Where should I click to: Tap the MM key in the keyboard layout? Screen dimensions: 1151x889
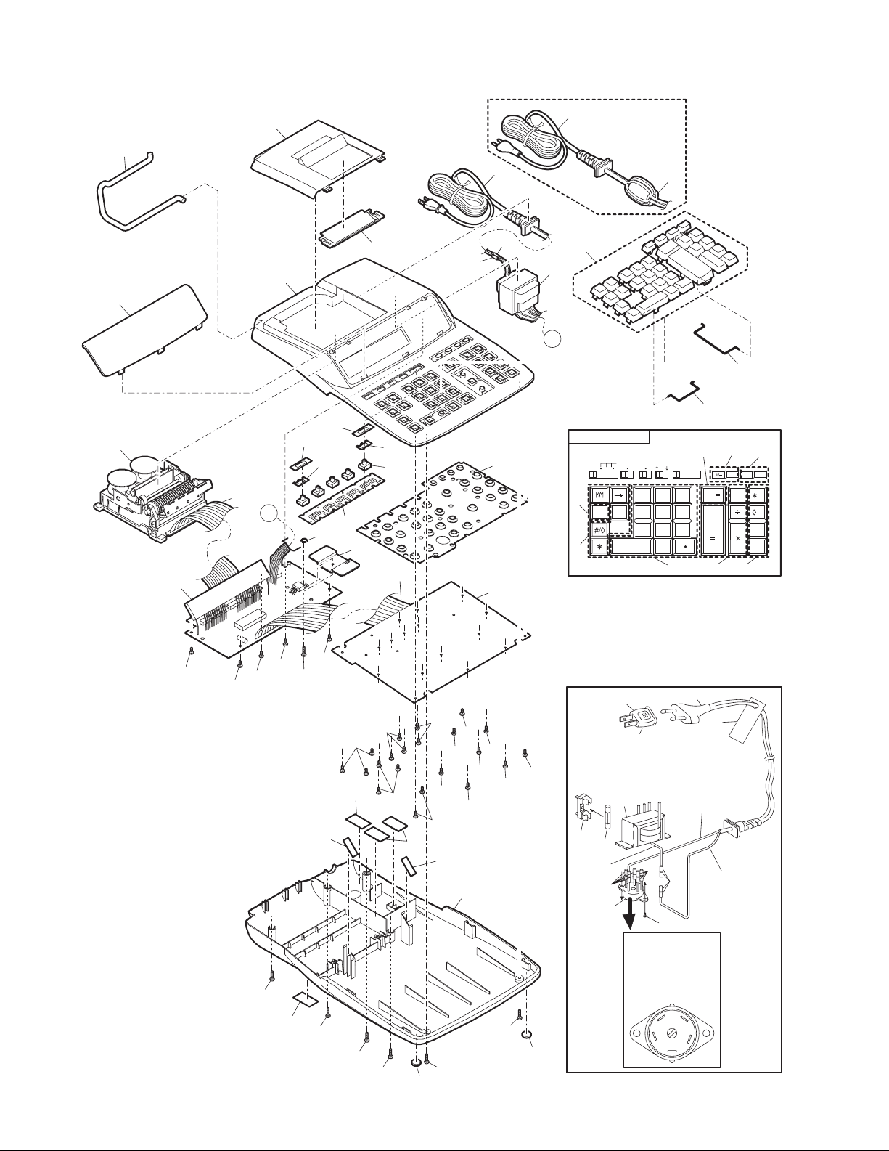coord(599,495)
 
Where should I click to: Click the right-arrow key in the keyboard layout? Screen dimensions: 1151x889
coord(619,495)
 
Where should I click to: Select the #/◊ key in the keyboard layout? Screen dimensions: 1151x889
coord(599,531)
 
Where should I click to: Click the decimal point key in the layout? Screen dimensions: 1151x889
coord(685,546)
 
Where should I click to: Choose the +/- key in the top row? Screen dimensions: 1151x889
coord(718,474)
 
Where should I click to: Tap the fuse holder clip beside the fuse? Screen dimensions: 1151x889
coord(581,810)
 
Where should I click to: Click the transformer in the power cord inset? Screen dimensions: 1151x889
coord(642,823)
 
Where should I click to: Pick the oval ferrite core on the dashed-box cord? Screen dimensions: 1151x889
coord(642,192)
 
